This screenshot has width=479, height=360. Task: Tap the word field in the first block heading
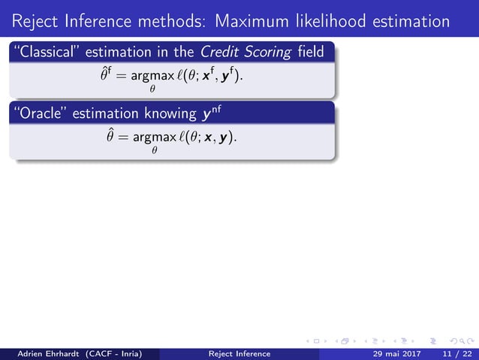point(308,53)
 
